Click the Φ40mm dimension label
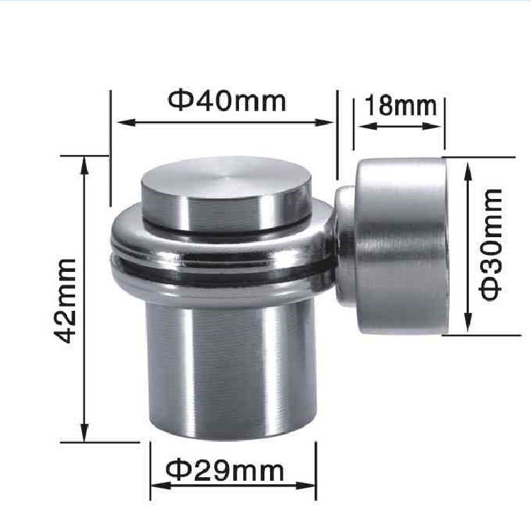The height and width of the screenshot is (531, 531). [x=227, y=101]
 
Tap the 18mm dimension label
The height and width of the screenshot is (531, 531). [x=401, y=105]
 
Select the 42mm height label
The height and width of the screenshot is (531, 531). [x=65, y=301]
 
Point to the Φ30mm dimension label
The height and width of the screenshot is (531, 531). [x=490, y=244]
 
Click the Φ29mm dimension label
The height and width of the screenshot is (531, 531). [x=225, y=471]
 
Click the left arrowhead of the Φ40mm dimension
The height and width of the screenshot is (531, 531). [x=125, y=122]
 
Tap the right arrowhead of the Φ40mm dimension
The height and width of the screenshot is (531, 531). [x=325, y=122]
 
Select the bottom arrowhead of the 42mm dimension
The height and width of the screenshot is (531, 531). [x=85, y=433]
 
